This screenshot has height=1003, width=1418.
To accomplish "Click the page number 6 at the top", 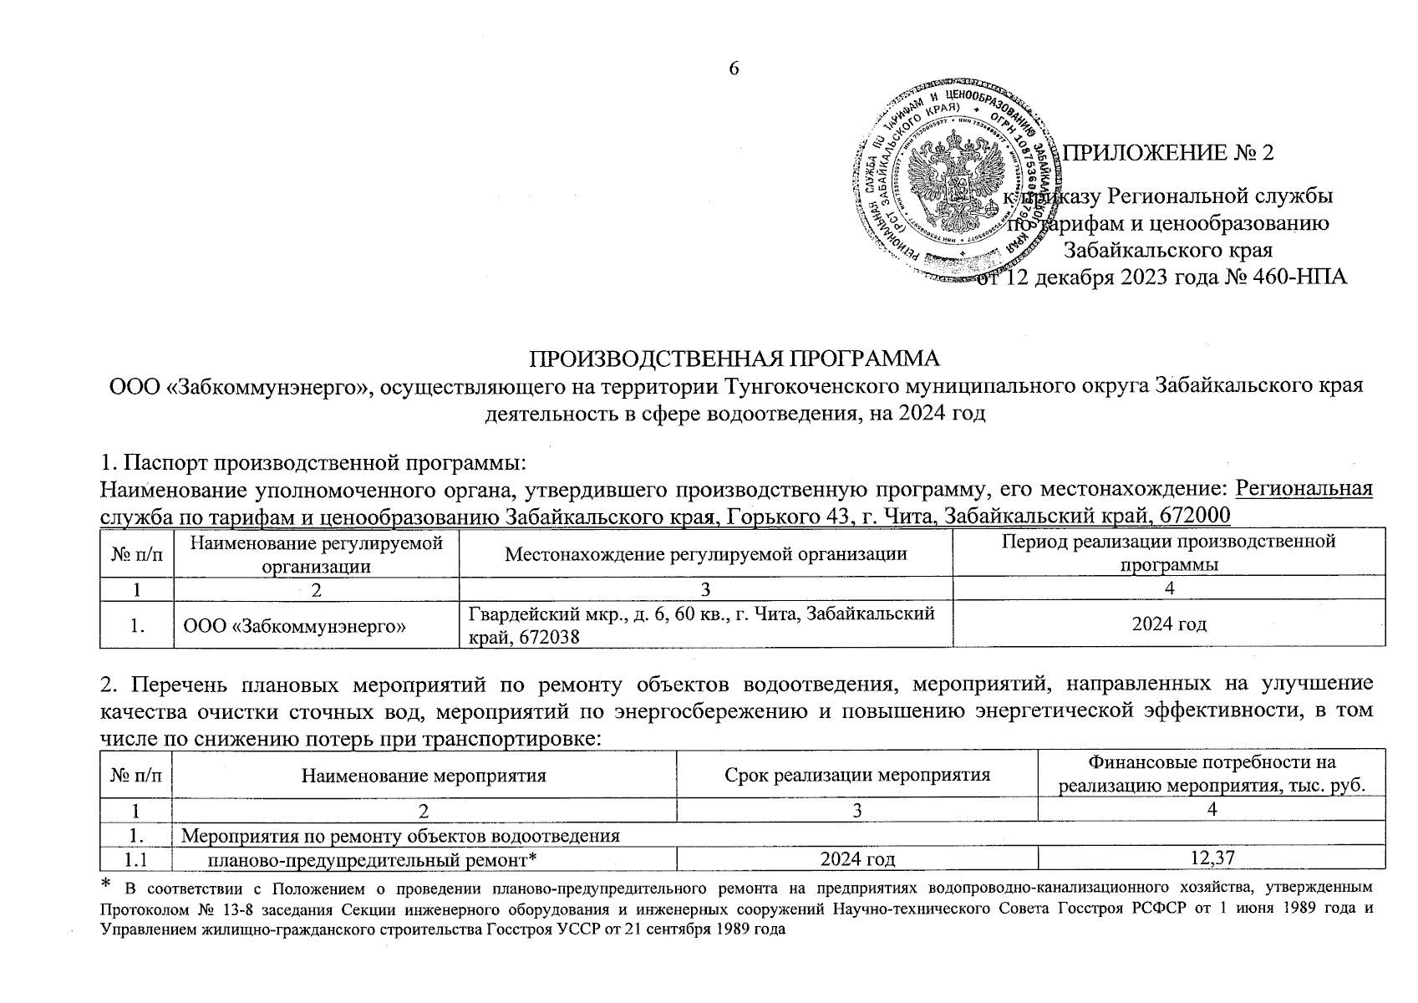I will click(734, 69).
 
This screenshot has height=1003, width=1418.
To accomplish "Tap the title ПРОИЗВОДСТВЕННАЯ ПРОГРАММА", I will click(735, 359).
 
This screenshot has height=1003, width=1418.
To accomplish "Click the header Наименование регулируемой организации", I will click(316, 553).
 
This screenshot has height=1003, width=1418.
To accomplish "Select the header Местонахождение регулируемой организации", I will click(706, 553).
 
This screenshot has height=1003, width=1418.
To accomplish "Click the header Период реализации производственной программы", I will click(1169, 553).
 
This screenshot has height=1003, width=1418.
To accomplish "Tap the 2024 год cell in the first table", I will click(1169, 624).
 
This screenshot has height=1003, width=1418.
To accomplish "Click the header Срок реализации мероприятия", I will click(857, 775).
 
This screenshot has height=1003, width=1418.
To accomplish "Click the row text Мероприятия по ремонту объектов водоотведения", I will click(401, 835).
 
